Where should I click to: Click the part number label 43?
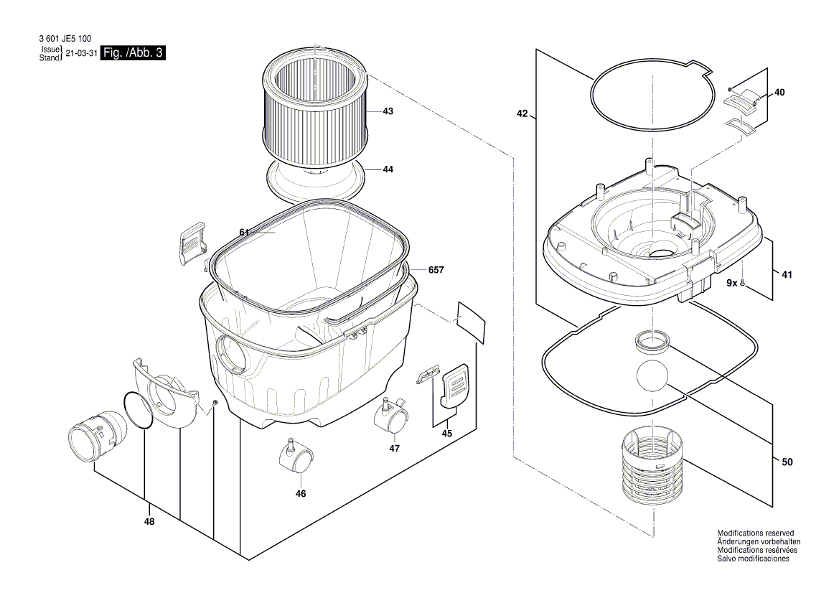[x=388, y=111]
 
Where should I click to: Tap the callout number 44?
[x=388, y=169]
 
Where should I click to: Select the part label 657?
[x=436, y=270]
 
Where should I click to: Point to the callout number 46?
[x=301, y=494]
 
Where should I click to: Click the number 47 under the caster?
[x=394, y=448]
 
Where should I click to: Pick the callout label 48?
[x=149, y=523]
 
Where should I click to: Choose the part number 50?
[x=787, y=462]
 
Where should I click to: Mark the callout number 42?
[x=522, y=114]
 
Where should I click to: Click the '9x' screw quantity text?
[x=731, y=284]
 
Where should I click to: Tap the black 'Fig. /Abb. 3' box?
[x=133, y=53]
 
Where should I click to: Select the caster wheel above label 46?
[x=295, y=457]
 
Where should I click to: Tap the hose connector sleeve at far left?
[x=96, y=434]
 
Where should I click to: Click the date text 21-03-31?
[x=81, y=54]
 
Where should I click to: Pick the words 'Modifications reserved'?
[x=755, y=533]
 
